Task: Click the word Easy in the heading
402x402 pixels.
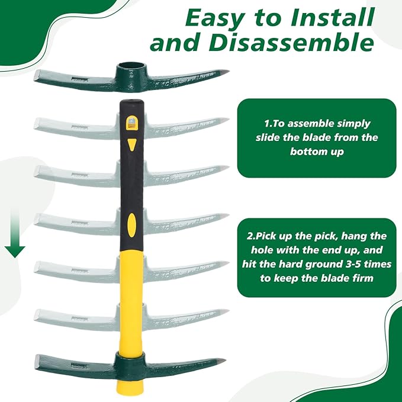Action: (216, 18)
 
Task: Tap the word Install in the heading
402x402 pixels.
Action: (333, 17)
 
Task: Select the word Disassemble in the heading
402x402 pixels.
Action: (291, 41)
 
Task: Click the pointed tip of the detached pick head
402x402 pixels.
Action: (228, 71)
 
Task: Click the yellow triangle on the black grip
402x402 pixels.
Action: (132, 144)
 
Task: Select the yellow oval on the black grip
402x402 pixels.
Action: (132, 226)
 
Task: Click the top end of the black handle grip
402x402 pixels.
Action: (132, 101)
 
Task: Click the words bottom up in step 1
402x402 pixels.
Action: (317, 152)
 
